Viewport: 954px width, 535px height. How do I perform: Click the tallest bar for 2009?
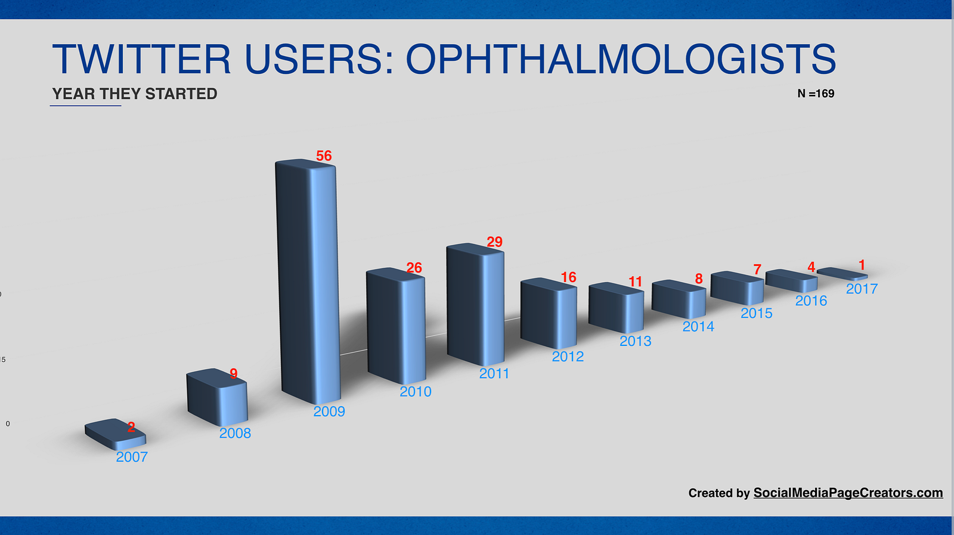308,281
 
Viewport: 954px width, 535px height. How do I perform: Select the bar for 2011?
475,304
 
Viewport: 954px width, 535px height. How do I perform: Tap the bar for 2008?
217,397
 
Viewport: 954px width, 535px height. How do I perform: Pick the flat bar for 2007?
116,434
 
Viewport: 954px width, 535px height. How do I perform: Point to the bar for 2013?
617,308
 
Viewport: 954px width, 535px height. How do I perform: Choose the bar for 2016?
791,280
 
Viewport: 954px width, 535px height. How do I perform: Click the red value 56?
324,156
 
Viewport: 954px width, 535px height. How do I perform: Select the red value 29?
494,242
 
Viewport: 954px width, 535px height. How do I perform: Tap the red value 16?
569,277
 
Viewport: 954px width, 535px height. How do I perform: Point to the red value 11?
636,282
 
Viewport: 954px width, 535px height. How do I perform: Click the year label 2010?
415,391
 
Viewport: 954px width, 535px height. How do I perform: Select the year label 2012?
568,356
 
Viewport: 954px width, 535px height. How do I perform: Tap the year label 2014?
698,326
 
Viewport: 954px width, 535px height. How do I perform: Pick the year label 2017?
862,289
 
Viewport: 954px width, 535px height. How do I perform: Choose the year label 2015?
757,313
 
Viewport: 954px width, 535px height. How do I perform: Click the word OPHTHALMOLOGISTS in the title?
621,59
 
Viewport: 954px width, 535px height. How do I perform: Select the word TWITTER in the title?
141,59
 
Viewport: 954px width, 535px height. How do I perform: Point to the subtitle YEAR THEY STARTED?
135,94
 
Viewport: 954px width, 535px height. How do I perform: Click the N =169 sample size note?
816,94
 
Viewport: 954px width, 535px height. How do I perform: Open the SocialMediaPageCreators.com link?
848,493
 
